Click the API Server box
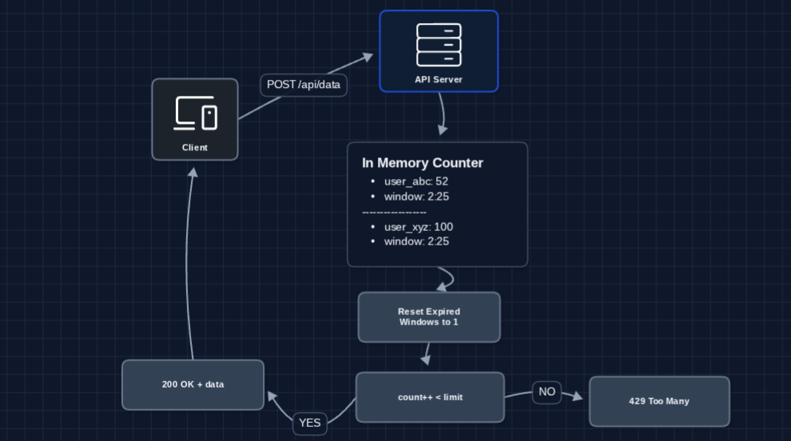[439, 51]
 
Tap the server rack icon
[439, 45]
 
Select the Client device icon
[195, 113]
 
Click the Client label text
[195, 148]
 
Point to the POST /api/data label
[304, 85]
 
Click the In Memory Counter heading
[423, 163]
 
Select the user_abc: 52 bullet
[416, 181]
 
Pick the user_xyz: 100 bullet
[419, 227]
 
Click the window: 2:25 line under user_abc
[416, 197]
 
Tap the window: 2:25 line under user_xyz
[416, 241]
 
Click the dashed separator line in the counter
[394, 213]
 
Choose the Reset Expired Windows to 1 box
[429, 317]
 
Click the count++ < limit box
[430, 397]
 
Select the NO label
[547, 392]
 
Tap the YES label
[310, 423]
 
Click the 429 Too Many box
[659, 401]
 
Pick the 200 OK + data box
[193, 384]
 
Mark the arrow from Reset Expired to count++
[427, 354]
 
